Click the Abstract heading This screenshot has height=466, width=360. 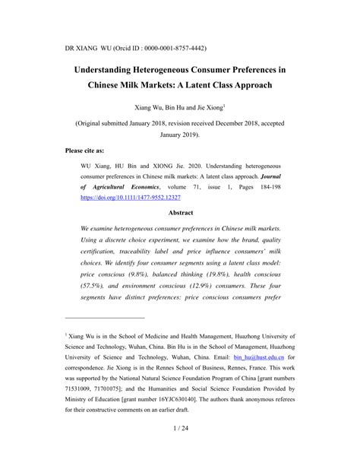click(x=180, y=213)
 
